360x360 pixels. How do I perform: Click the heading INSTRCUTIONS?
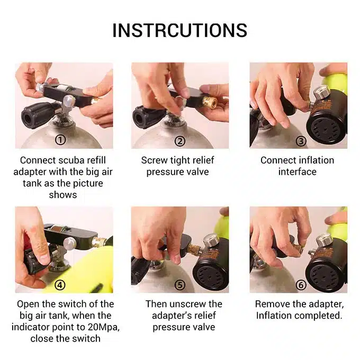pyautogui.click(x=180, y=30)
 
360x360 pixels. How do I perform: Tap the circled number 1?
pyautogui.click(x=60, y=140)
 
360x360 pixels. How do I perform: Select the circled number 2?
pyautogui.click(x=180, y=141)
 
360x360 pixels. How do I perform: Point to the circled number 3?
pyautogui.click(x=301, y=141)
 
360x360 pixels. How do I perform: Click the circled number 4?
pyautogui.click(x=60, y=285)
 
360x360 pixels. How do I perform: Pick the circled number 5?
pyautogui.click(x=180, y=285)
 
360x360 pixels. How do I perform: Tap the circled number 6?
pyautogui.click(x=301, y=285)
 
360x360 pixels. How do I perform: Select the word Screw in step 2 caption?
pyautogui.click(x=154, y=160)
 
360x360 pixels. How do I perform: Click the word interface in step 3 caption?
pyautogui.click(x=298, y=172)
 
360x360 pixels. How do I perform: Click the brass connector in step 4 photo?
pyautogui.click(x=99, y=241)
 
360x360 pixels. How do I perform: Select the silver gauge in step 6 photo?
pyautogui.click(x=324, y=239)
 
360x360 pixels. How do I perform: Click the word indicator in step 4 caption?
pyautogui.click(x=30, y=327)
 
